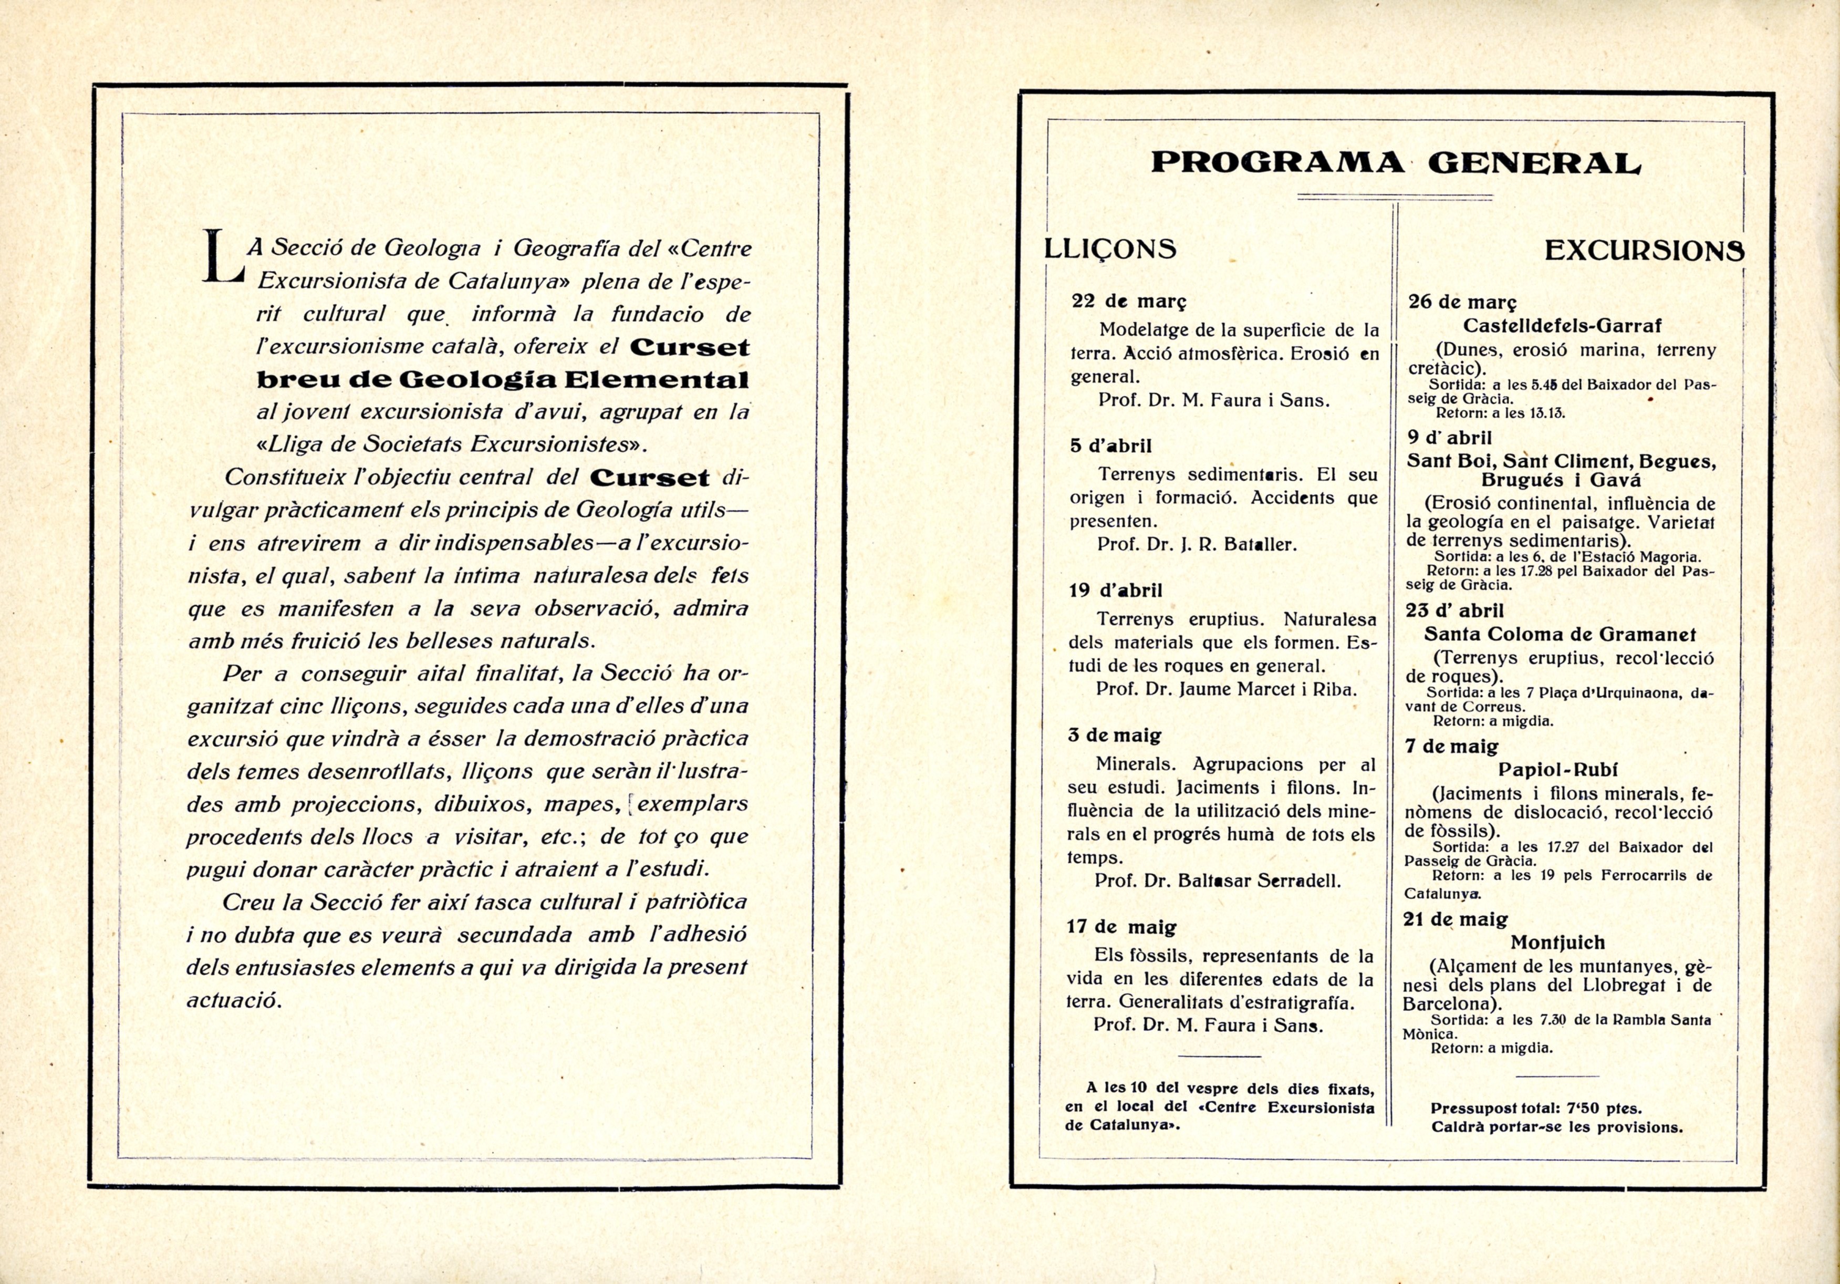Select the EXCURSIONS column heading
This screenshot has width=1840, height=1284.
(x=1644, y=251)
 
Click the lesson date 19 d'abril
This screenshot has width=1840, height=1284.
(x=1115, y=591)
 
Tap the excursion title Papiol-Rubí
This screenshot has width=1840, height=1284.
(x=1558, y=770)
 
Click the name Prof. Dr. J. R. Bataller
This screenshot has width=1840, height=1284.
(x=1197, y=544)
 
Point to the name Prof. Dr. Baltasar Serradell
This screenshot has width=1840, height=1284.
(x=1218, y=881)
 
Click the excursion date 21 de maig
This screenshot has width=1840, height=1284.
(x=1456, y=919)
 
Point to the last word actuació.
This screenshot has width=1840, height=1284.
(x=234, y=1001)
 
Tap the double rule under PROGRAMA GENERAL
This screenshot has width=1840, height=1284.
(x=1395, y=197)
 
